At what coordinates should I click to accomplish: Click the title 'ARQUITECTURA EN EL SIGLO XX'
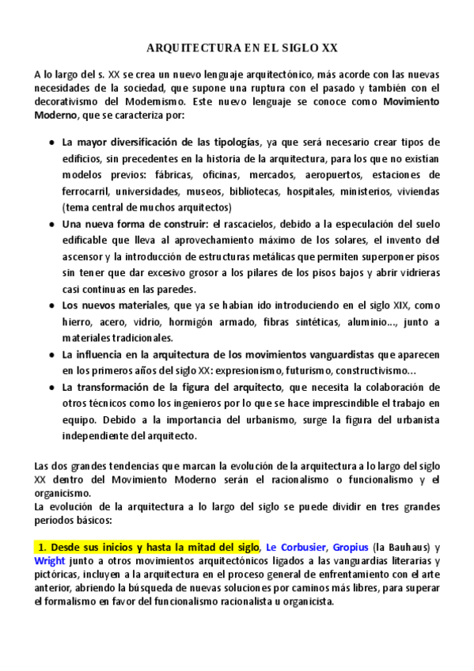tap(237, 48)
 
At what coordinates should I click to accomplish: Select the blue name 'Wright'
tap(50, 560)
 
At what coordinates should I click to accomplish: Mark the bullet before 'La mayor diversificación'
tap(51, 142)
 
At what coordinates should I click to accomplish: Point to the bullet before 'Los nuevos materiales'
tap(51, 305)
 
